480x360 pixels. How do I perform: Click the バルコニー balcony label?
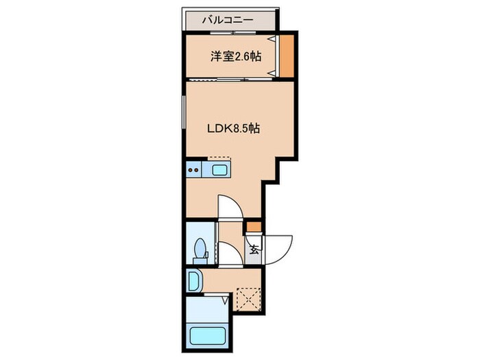(227, 20)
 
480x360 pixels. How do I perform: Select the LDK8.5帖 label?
(233, 128)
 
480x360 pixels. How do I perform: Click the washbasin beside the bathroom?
(193, 280)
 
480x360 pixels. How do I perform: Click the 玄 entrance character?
(253, 250)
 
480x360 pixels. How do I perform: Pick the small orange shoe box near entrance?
(254, 226)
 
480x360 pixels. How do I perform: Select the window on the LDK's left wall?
(184, 112)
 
